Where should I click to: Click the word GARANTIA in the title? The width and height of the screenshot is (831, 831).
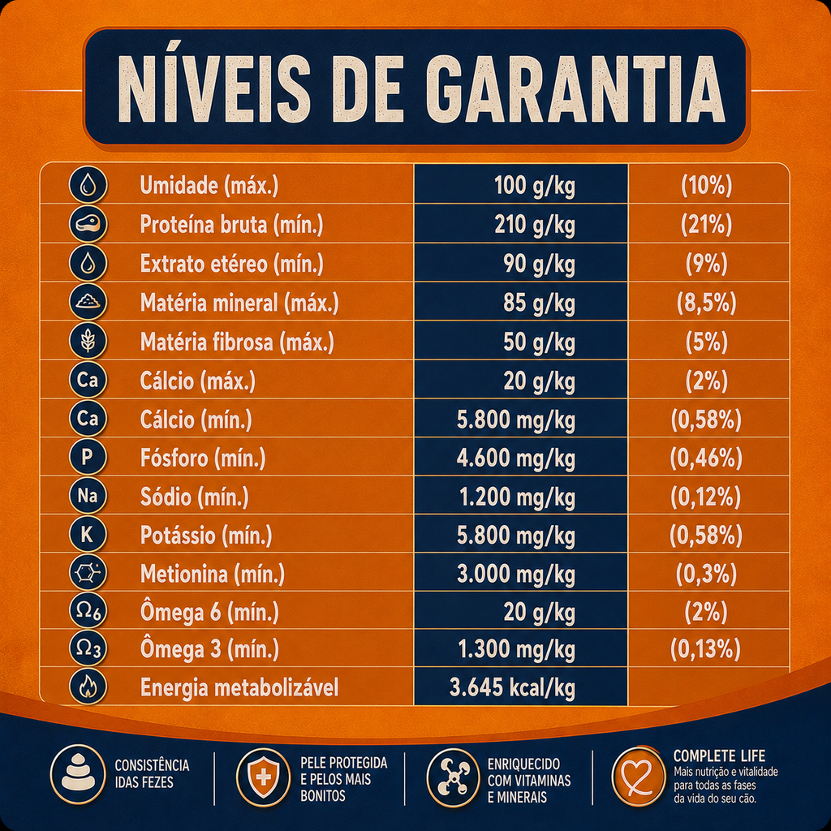pos(575,88)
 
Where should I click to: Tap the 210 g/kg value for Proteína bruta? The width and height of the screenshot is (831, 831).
pos(535,226)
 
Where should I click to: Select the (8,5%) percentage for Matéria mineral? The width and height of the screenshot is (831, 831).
pos(707,303)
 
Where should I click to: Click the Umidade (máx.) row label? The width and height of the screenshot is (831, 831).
pos(209,186)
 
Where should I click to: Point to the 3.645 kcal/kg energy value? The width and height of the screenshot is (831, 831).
pos(513,687)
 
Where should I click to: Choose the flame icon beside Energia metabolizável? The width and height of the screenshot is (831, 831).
pos(88,687)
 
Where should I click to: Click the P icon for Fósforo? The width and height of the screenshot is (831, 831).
pos(88,456)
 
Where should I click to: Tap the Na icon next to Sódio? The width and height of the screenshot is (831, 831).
pos(88,495)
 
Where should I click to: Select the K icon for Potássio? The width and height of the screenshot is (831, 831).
pos(88,534)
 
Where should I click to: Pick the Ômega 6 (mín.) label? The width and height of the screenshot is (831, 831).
pos(209,612)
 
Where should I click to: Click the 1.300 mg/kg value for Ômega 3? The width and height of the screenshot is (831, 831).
pos(517,649)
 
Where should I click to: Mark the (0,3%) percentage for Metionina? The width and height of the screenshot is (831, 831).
pos(707,574)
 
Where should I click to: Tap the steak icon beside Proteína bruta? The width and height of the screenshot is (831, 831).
pos(88,224)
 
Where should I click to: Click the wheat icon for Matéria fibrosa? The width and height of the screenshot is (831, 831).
pos(88,341)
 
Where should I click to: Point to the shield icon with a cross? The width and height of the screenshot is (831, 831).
pos(264,777)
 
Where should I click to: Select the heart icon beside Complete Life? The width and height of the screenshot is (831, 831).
pos(638,777)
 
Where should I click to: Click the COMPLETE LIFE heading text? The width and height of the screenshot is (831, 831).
pos(719,756)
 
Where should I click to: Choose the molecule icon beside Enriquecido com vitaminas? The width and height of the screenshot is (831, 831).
pos(454,777)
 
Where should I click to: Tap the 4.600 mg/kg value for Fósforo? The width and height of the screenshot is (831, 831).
pos(516,458)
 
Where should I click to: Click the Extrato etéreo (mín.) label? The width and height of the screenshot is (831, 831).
pos(231,264)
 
